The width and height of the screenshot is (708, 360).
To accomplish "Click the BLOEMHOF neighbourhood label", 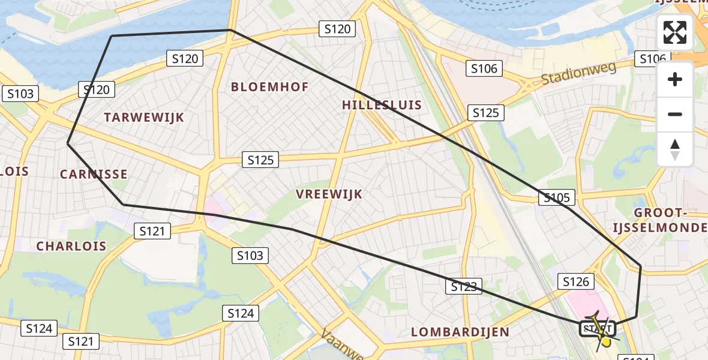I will coord(270,87).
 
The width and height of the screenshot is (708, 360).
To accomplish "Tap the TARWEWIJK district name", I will coord(144,118).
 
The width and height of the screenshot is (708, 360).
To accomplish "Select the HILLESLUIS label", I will coord(382,105).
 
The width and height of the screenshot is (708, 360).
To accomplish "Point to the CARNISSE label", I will coord(94,175).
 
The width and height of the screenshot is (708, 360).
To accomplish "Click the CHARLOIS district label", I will coord(71,246).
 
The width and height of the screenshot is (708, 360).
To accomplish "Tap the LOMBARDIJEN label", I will coord(461,332).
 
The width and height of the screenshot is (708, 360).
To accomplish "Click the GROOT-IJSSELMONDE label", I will coord(658,220).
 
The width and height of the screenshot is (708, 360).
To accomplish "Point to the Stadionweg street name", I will coord(578,74).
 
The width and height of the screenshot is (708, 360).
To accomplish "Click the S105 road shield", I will coord(557,197).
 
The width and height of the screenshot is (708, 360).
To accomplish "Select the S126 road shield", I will coord(577,281).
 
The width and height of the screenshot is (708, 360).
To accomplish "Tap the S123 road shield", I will coord(464,287).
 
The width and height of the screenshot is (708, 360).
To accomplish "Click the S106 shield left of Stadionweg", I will coord(484,68).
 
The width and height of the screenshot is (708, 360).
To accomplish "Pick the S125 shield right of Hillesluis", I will coord(486,113).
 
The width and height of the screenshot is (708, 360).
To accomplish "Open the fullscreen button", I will coord(675,32).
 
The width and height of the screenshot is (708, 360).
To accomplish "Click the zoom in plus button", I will coord(675,79).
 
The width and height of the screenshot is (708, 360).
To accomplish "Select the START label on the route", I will coord(597,329).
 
